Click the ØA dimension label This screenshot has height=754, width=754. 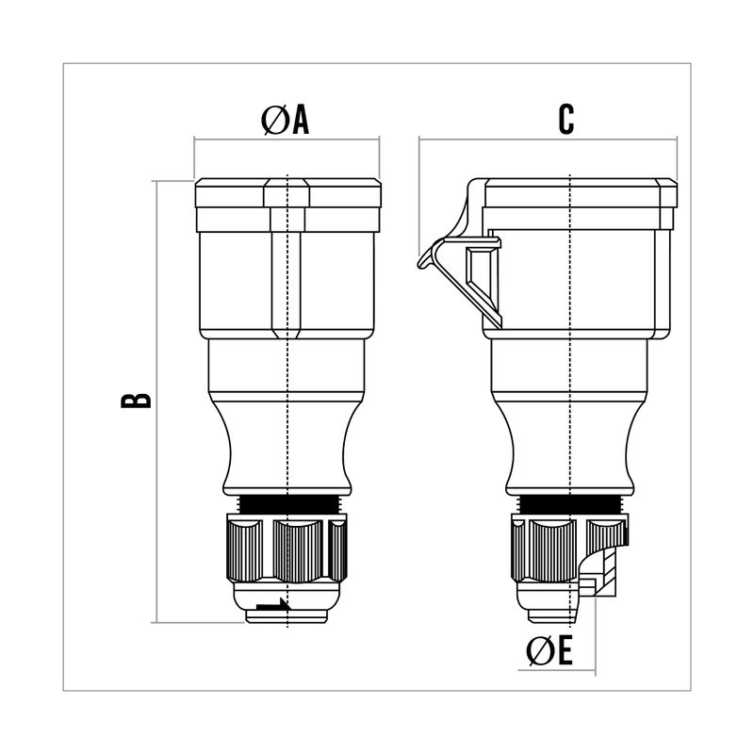[x=285, y=121]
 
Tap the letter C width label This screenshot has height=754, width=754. [x=565, y=119]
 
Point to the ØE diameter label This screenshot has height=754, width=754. [x=549, y=651]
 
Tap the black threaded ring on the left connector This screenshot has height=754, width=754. [x=286, y=503]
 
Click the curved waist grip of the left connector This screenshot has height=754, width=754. [x=286, y=443]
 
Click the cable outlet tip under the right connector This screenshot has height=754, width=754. [x=556, y=613]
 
